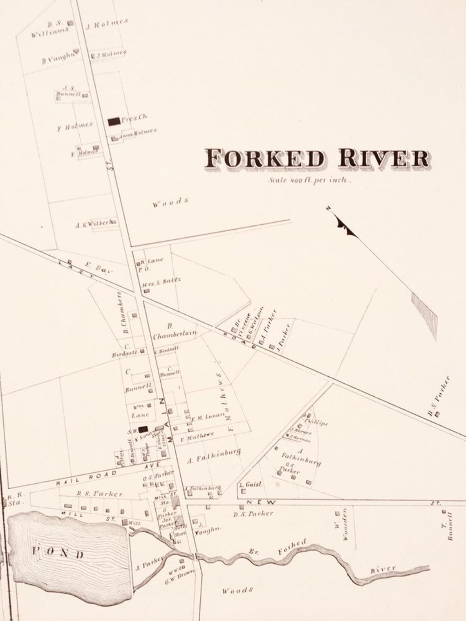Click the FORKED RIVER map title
pyautogui.click(x=317, y=158)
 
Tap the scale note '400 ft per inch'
pyautogui.click(x=309, y=180)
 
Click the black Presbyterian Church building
pyautogui.click(x=114, y=121)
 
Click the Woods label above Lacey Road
pyautogui.click(x=171, y=202)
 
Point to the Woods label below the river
pyautogui.click(x=237, y=590)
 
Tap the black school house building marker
pyautogui.click(x=143, y=429)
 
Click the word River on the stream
pyautogui.click(x=383, y=569)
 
